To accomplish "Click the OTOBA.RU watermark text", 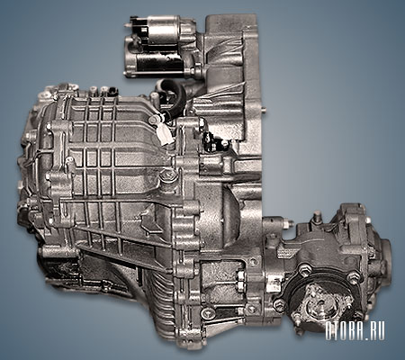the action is (355, 331).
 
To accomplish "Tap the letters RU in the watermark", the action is (377, 331).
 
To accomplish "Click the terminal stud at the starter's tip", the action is (128, 26).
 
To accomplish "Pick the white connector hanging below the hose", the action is (165, 137).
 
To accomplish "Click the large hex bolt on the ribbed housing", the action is (165, 176).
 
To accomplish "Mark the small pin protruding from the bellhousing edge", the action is (264, 110).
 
